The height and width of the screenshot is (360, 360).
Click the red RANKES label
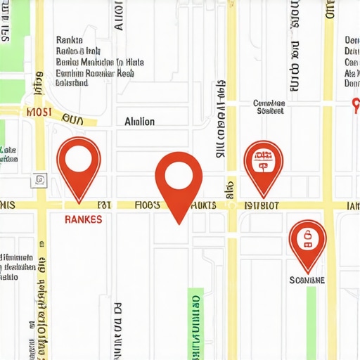(x=83, y=219)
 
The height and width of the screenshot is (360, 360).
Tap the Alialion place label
(x=139, y=122)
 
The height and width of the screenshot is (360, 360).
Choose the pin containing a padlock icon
(x=307, y=241)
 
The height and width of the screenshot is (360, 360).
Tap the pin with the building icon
(x=263, y=164)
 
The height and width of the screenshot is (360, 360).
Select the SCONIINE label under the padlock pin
(x=307, y=280)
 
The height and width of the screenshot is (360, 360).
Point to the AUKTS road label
(x=204, y=205)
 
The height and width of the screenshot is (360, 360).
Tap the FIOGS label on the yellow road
(x=148, y=205)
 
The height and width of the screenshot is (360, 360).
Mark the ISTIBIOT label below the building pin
(x=261, y=205)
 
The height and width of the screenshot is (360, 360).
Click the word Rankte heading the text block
(x=69, y=40)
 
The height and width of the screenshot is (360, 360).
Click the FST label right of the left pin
(x=105, y=205)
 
